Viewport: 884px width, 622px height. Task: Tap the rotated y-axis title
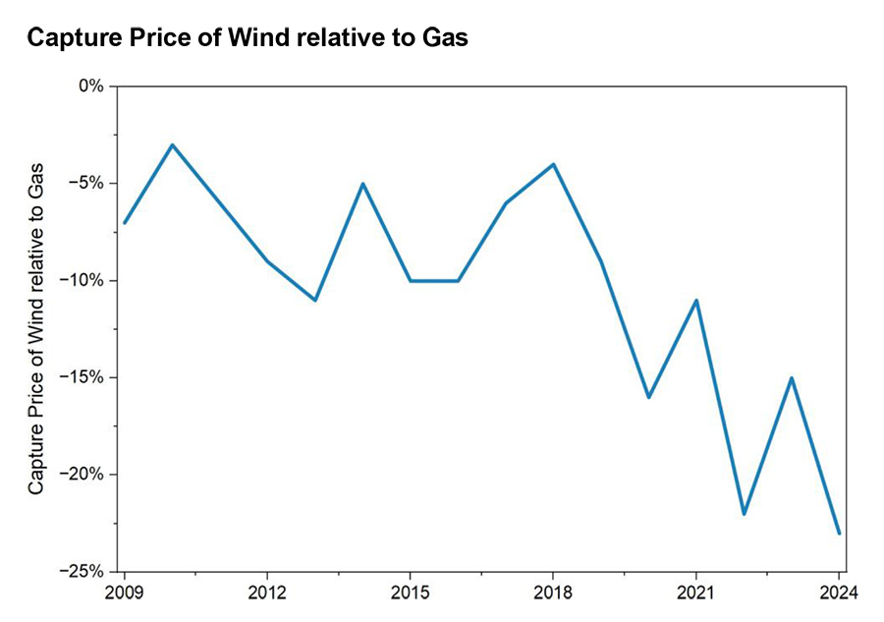click(35, 326)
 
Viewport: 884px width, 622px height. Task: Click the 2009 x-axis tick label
click(125, 593)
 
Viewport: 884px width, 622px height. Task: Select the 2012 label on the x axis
click(267, 593)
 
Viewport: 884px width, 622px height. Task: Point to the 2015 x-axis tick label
click(410, 593)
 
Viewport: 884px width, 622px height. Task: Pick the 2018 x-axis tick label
click(553, 593)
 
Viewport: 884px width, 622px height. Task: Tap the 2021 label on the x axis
click(695, 593)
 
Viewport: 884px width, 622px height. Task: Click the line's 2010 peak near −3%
click(172, 144)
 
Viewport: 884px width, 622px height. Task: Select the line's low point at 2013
click(314, 300)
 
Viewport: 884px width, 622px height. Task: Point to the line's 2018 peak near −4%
click(553, 164)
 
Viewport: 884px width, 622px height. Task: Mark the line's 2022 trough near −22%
click(744, 513)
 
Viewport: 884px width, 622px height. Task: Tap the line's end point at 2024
click(839, 533)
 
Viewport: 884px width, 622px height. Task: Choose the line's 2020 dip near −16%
click(648, 397)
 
